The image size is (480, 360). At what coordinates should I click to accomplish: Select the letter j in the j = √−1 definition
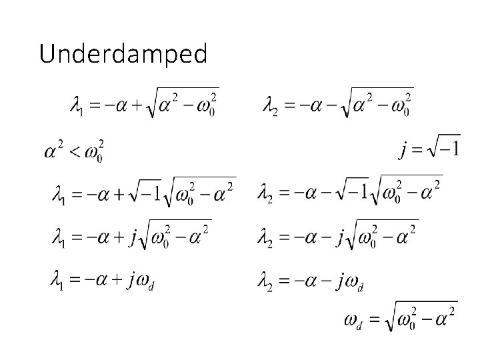click(403, 147)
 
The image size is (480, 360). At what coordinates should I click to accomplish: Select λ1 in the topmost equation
click(77, 105)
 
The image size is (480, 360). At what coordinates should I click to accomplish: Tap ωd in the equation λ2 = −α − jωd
click(353, 283)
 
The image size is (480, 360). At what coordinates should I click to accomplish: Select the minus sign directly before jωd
click(327, 281)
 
